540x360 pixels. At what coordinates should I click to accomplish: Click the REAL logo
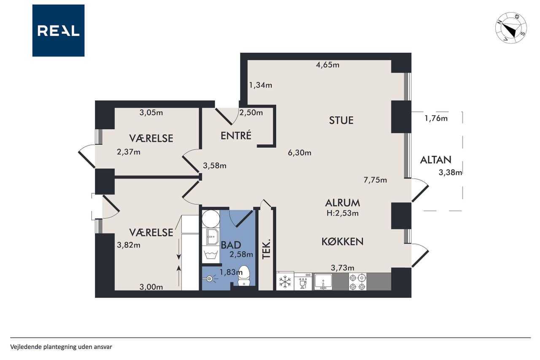(58, 31)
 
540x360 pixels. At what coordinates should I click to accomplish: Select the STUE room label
(341, 120)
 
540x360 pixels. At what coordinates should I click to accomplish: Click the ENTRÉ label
(236, 135)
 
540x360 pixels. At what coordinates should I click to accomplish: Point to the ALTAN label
(436, 160)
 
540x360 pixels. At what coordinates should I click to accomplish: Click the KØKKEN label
(343, 241)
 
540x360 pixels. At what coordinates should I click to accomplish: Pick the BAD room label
(231, 245)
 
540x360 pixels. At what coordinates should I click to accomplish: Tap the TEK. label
(266, 249)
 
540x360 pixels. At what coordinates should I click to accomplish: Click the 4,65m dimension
(328, 65)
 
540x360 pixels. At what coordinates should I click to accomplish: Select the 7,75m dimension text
(375, 180)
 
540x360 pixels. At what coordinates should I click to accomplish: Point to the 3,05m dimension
(151, 113)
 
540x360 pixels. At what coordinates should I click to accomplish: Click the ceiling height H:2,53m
(343, 213)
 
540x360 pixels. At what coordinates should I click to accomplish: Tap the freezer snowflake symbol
(285, 282)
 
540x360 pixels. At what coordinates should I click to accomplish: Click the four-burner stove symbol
(357, 282)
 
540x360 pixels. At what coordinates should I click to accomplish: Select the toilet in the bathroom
(243, 276)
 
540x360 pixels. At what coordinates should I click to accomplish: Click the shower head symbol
(210, 279)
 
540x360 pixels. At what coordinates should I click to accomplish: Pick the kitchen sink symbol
(323, 282)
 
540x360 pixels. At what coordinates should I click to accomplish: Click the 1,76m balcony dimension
(436, 119)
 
